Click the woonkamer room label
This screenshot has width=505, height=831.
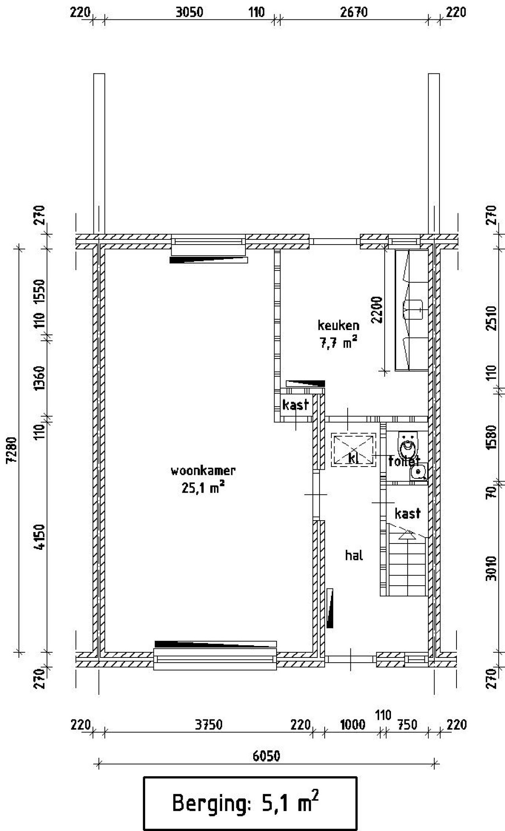tap(203, 471)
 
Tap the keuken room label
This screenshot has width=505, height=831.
tap(339, 326)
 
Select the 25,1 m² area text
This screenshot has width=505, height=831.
tap(203, 488)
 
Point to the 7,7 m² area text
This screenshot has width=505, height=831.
tap(339, 343)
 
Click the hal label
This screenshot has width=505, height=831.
tap(354, 556)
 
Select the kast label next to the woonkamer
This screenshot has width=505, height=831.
tap(295, 405)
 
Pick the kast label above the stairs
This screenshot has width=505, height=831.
tap(408, 514)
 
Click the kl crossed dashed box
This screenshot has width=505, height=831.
tap(353, 450)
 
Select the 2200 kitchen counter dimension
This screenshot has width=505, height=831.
tap(377, 310)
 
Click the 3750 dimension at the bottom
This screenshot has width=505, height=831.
tap(209, 725)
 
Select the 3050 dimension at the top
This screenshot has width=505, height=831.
tap(189, 12)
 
